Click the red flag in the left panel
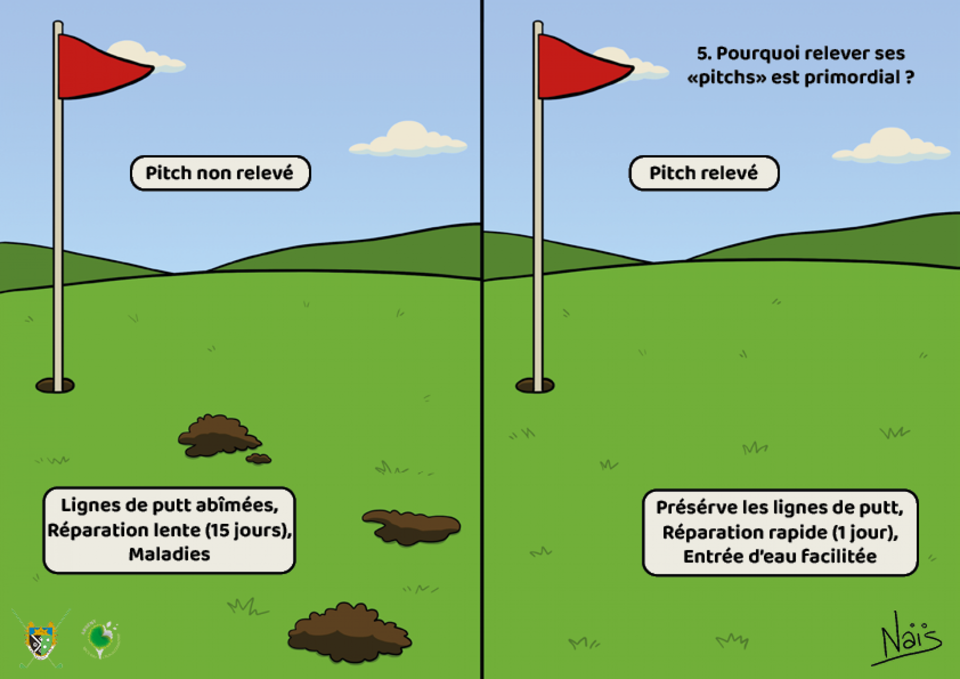100,67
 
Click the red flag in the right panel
580,67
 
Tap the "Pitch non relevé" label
220,173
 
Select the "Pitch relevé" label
703,173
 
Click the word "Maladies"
169,554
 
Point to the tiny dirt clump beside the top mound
258,458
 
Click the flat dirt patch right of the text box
412,527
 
